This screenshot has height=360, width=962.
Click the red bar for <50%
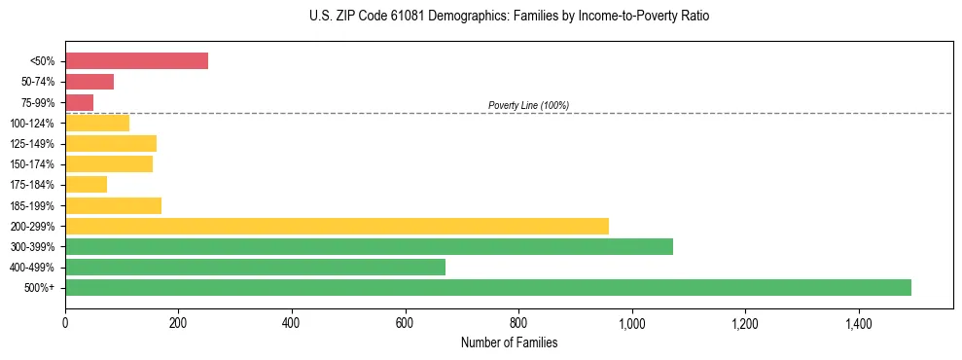[136, 60]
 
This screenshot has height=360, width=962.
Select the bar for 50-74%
[89, 82]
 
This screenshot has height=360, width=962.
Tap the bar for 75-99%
[79, 102]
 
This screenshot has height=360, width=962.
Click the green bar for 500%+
[487, 287]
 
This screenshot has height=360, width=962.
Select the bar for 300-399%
[369, 246]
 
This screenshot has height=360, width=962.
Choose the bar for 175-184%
[86, 185]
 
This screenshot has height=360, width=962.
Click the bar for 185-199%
[113, 205]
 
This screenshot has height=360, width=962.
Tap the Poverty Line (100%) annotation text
[528, 105]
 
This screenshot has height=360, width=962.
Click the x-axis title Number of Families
[509, 342]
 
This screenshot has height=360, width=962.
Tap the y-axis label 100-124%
[32, 124]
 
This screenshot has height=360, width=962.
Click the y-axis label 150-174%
[32, 164]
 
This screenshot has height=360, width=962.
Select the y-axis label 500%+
[39, 288]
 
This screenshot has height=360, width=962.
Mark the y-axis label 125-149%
[32, 144]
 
